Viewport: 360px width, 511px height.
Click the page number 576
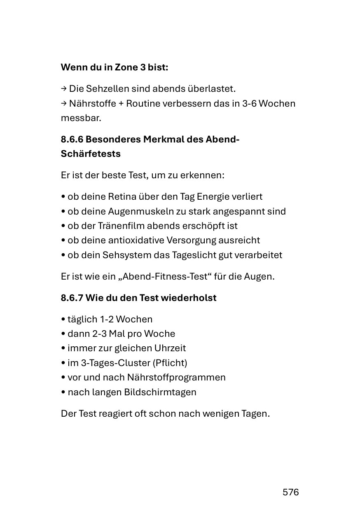290,492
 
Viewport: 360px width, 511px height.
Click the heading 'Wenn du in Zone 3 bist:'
115,67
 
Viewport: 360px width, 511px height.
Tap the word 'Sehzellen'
107,89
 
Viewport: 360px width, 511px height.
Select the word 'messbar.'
81,118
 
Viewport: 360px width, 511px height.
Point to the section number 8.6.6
72,139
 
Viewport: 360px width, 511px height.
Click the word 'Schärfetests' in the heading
91,154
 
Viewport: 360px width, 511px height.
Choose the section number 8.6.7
72,298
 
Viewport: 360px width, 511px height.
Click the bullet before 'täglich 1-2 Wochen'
63,320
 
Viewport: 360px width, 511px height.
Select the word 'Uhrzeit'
170,348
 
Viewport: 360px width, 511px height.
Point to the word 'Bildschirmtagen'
160,392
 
